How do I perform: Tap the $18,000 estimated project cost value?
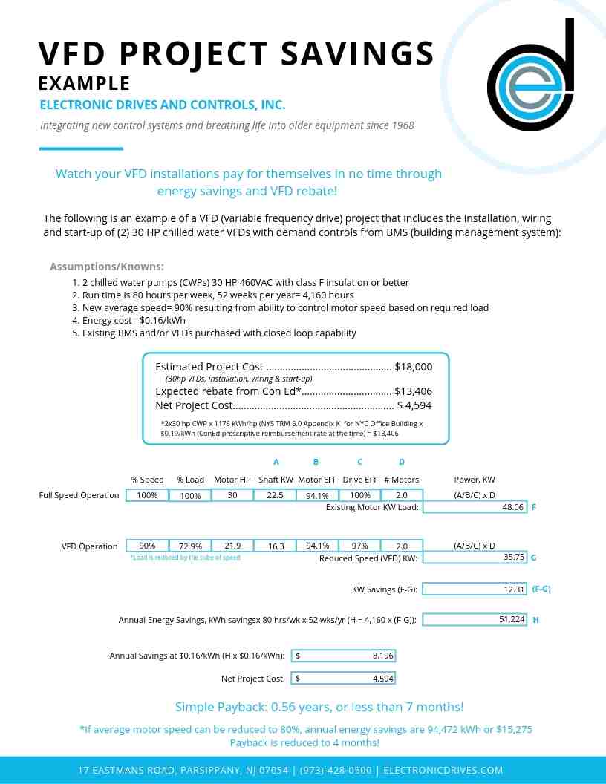coord(414,367)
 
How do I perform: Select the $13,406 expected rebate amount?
coord(414,391)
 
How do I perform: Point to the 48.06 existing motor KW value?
coord(513,507)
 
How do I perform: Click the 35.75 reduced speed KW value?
coord(514,557)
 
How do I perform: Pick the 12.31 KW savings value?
coord(514,589)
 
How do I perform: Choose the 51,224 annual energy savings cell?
coord(512,619)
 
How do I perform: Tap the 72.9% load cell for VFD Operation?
coord(190,546)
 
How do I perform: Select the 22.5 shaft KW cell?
coord(276,495)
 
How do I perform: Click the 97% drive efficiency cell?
coord(359,546)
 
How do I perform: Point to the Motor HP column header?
coord(232,480)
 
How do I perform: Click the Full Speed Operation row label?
coord(79,495)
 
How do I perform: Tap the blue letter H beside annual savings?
coord(535,620)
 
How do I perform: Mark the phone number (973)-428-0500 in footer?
coord(336,771)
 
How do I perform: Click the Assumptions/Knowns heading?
coord(107,267)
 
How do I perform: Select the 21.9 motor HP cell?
coord(232,546)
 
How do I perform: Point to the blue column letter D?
coord(402,462)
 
